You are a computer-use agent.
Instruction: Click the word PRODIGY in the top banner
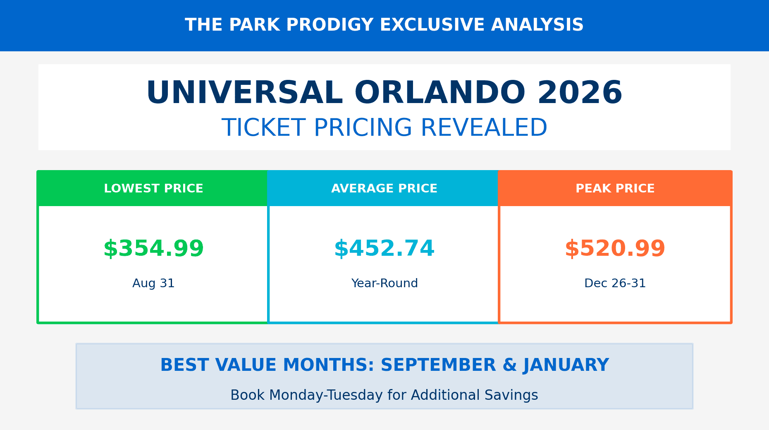(x=330, y=25)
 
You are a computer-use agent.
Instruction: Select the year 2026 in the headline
(x=580, y=92)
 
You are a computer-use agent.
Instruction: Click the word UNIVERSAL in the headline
(x=244, y=92)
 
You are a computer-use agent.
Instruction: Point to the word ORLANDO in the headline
(x=440, y=92)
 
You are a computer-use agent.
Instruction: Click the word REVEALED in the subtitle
(x=484, y=127)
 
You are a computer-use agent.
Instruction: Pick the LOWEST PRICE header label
(x=153, y=188)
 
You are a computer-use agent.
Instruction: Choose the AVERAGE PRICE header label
(x=384, y=188)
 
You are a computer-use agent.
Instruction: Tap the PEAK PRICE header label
(x=615, y=188)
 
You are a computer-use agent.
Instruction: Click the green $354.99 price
(x=153, y=248)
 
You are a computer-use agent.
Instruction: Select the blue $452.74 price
(x=384, y=248)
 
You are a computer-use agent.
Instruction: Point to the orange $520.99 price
(x=615, y=248)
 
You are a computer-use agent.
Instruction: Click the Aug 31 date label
(x=153, y=283)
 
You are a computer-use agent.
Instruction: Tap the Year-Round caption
(x=384, y=283)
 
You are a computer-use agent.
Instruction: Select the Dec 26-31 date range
(x=615, y=283)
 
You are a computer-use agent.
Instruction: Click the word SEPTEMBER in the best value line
(x=438, y=365)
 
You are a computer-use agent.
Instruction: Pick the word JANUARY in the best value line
(x=566, y=365)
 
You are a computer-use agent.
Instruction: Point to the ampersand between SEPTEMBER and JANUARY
(x=509, y=365)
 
